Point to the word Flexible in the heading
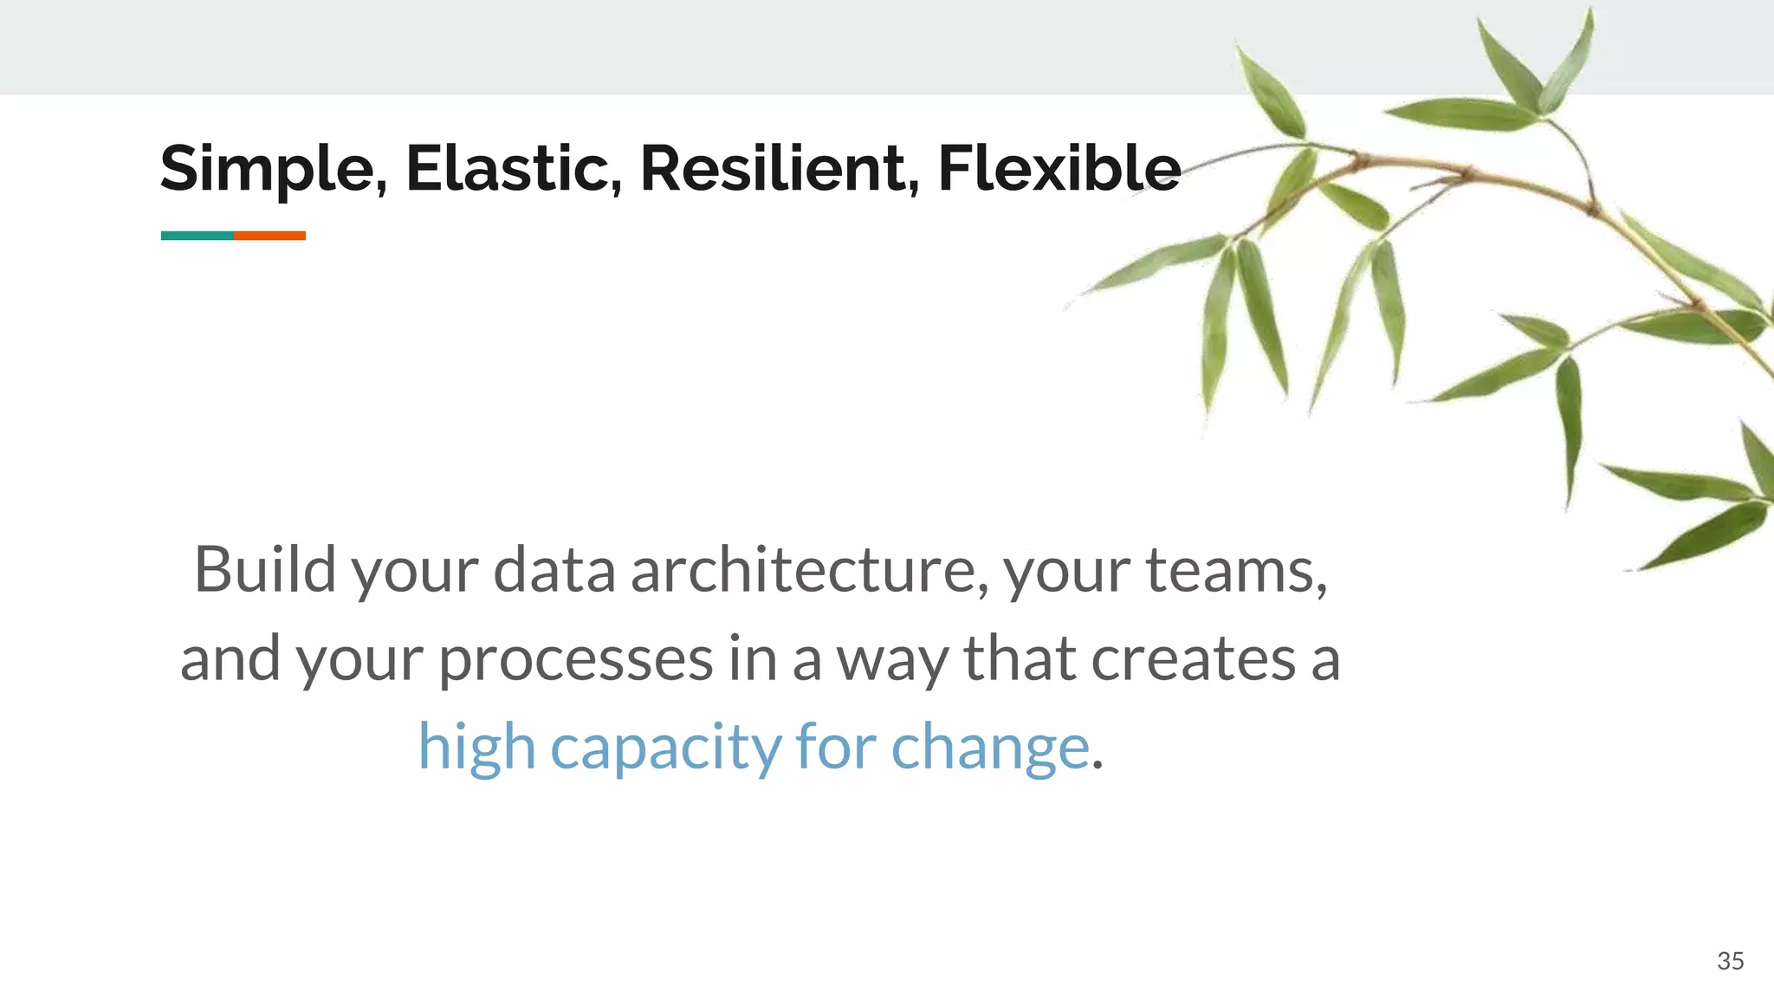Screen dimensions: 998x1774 [x=1059, y=168]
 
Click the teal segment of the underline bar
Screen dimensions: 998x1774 [x=197, y=236]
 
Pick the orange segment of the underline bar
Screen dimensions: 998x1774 [x=269, y=236]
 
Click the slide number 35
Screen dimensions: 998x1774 [x=1730, y=961]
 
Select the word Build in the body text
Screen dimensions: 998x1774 [x=265, y=570]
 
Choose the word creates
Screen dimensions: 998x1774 [x=1192, y=658]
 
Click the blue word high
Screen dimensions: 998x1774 [x=476, y=747]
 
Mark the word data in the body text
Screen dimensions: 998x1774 [x=554, y=570]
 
